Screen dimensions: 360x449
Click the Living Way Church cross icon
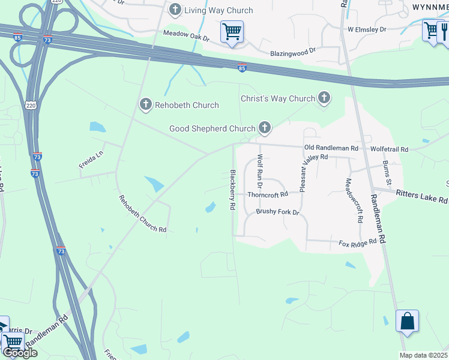coord(175,10)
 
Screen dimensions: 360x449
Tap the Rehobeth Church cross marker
coord(145,105)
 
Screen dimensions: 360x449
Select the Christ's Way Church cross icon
coord(324,98)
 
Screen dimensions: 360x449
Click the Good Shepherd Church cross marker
coord(264,127)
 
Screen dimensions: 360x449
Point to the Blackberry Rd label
coord(232,189)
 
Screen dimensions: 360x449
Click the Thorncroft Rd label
coord(268,194)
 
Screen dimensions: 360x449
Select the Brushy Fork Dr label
coord(277,212)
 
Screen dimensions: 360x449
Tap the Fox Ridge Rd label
coord(358,243)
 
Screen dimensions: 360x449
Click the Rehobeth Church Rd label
coord(142,214)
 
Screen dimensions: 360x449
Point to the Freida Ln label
coord(91,159)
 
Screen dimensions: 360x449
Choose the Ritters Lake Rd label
coord(423,196)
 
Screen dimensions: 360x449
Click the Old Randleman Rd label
coord(331,148)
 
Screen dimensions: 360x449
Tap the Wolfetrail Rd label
coord(389,149)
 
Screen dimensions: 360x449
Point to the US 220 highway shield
coord(31,106)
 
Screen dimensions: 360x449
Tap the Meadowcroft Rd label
coord(353,200)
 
